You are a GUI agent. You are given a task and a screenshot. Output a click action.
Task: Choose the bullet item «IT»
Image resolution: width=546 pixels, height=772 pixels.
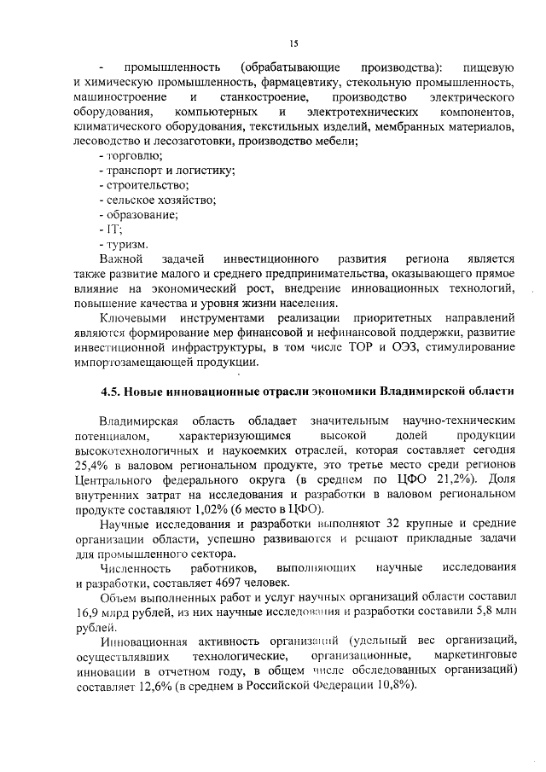tap(112, 229)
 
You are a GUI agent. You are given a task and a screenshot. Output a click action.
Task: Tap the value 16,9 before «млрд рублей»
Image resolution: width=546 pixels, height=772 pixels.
tap(89, 612)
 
